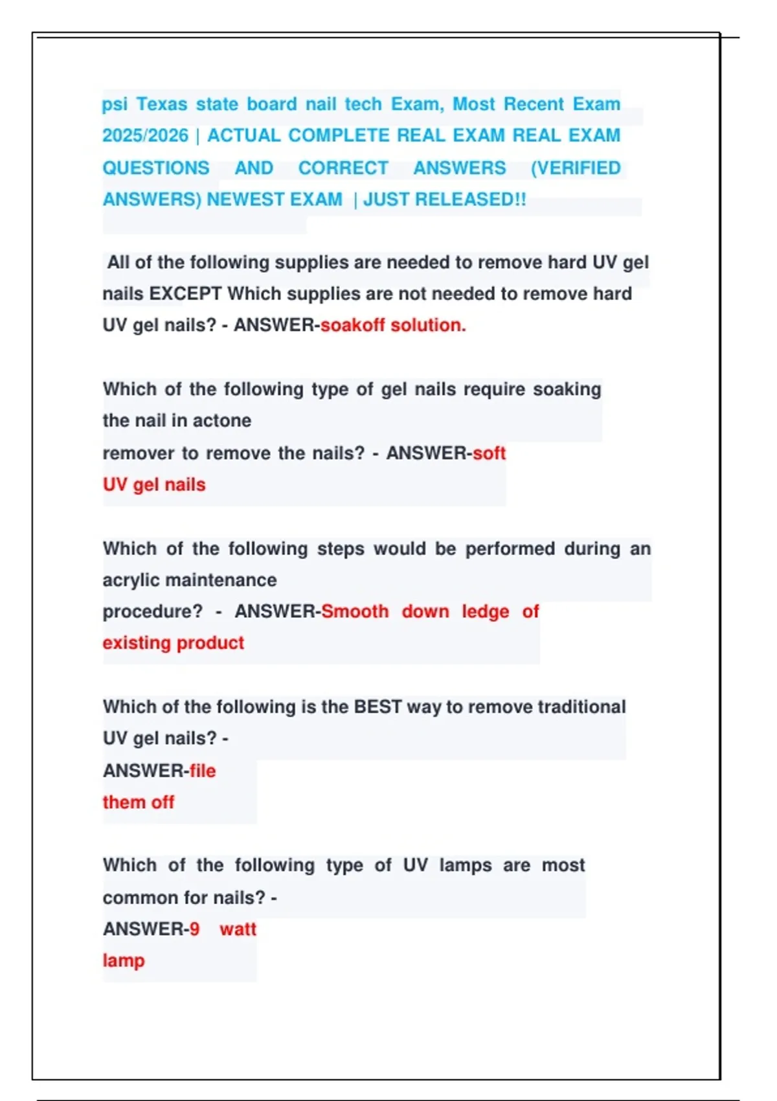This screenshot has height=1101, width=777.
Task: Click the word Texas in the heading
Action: pyautogui.click(x=161, y=104)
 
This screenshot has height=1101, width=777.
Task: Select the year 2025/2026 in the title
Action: pyautogui.click(x=146, y=136)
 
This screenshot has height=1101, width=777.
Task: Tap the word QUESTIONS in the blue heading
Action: pyautogui.click(x=156, y=168)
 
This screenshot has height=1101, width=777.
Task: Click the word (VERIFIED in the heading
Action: pyautogui.click(x=576, y=168)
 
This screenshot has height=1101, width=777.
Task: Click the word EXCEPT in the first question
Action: pyautogui.click(x=185, y=294)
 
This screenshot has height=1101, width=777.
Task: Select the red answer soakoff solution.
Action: pyautogui.click(x=393, y=325)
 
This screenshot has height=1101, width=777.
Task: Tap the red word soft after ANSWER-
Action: pyautogui.click(x=489, y=453)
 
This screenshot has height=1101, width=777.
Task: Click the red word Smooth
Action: pyautogui.click(x=355, y=611)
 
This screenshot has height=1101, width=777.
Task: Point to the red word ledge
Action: pyautogui.click(x=485, y=611)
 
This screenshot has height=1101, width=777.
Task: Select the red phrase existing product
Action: pyautogui.click(x=173, y=643)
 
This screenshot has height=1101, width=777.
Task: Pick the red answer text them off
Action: pyautogui.click(x=138, y=802)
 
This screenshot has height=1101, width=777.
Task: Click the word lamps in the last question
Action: pyautogui.click(x=466, y=865)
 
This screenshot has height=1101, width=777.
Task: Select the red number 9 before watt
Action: pyautogui.click(x=194, y=929)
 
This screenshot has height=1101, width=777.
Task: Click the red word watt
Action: pyautogui.click(x=238, y=929)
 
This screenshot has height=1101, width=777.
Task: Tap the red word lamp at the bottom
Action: pyautogui.click(x=123, y=960)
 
